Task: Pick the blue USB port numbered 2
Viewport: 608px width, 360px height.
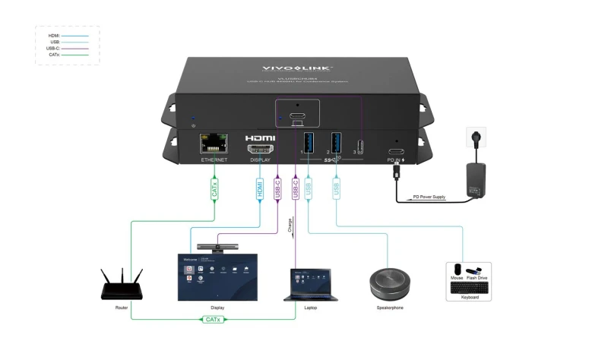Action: point(336,143)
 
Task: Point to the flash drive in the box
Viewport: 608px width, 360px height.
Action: point(473,271)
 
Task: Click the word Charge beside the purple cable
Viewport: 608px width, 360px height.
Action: point(290,225)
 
